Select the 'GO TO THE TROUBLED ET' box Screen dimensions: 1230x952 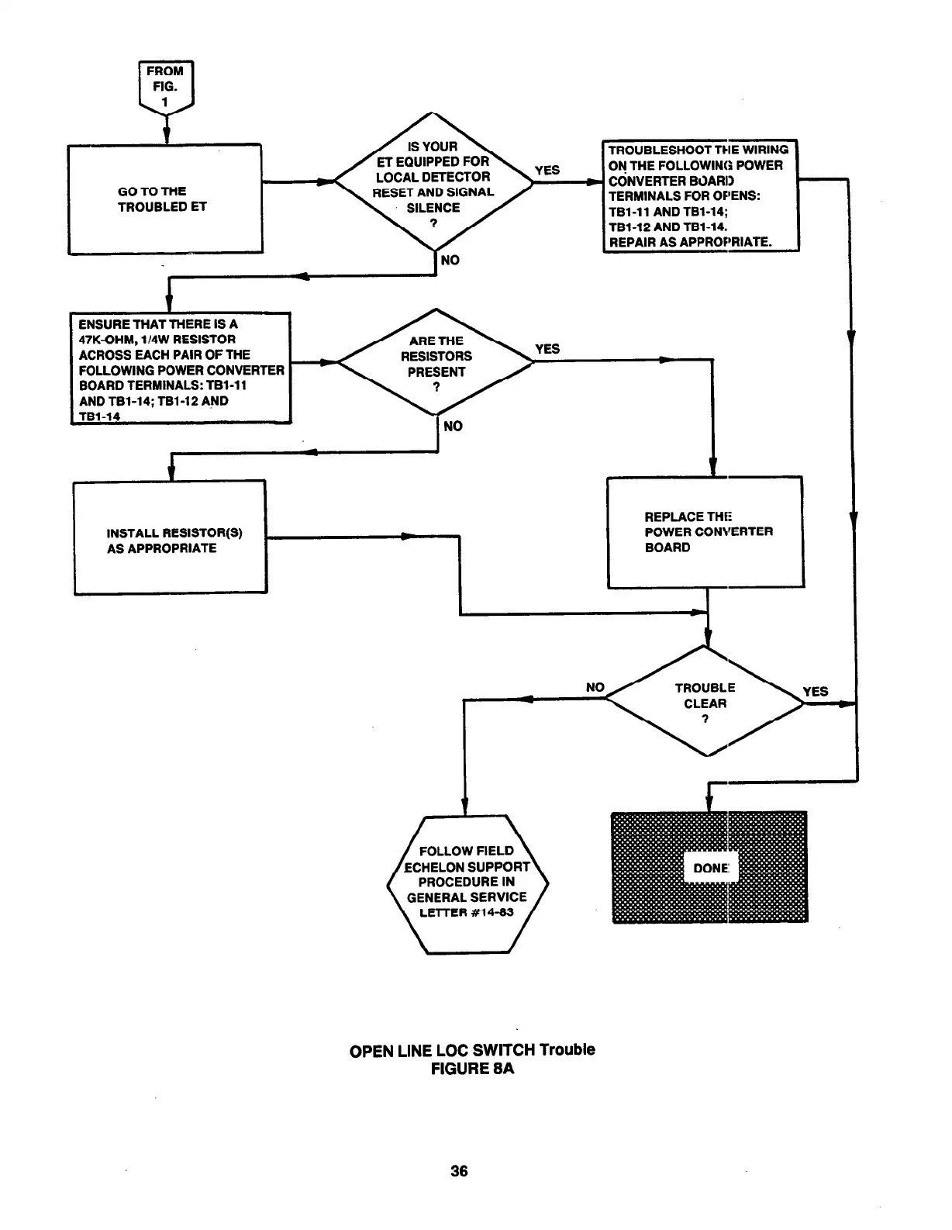165,199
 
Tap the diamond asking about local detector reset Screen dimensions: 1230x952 433,183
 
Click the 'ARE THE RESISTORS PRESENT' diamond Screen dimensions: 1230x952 436,362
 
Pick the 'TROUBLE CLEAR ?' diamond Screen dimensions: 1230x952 705,701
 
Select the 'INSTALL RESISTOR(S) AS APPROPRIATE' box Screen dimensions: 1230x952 171,537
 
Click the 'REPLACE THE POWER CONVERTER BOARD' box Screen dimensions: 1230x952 705,532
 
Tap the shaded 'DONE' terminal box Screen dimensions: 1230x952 709,867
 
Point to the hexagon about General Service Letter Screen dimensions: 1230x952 467,883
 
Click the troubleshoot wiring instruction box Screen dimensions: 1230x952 700,195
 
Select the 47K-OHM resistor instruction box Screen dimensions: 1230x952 181,368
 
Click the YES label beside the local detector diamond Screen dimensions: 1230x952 547,170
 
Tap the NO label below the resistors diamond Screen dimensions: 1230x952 453,426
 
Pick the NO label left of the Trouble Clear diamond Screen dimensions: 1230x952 595,687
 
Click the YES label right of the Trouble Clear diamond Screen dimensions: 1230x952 815,691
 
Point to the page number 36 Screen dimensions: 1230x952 459,1171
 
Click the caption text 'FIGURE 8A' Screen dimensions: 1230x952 473,1069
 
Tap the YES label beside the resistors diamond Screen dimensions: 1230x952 547,349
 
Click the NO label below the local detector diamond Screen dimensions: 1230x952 450,260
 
